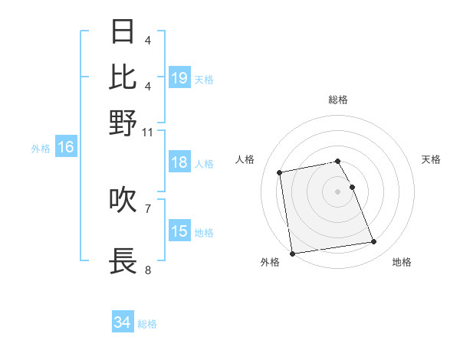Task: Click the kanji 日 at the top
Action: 123,32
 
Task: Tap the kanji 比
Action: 123,77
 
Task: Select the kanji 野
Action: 123,123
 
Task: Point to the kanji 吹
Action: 123,199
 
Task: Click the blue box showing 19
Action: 179,78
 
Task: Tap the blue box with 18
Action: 179,162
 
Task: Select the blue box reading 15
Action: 179,231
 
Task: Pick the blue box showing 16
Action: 66,148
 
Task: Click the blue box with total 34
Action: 123,323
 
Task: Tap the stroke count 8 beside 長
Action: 148,270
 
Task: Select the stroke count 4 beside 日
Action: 148,41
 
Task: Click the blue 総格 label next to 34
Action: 147,324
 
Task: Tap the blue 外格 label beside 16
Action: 40,149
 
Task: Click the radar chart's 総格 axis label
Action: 338,100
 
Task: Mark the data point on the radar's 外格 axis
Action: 292,254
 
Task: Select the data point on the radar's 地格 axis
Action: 373,242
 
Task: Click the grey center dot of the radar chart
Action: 338,191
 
